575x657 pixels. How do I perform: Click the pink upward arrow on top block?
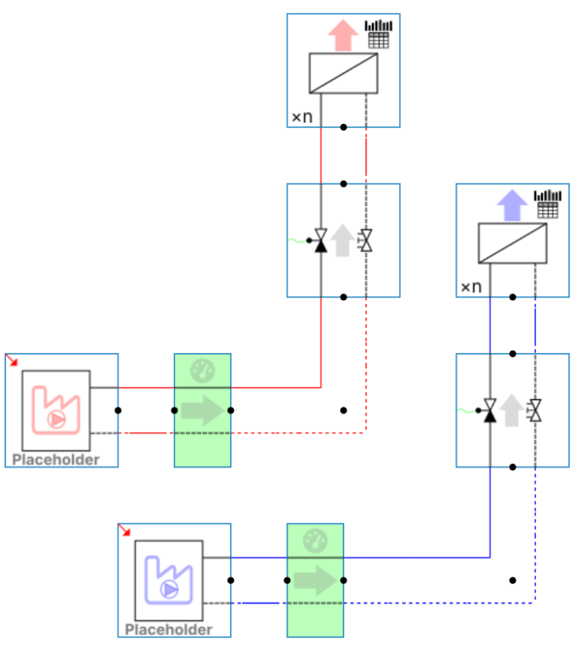343,35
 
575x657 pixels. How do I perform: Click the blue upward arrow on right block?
513,204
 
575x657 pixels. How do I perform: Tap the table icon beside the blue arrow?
548,204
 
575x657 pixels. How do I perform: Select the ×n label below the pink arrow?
302,117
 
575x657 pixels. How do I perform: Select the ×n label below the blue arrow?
471,287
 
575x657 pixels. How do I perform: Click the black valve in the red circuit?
321,241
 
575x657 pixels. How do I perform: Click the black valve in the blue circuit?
490,411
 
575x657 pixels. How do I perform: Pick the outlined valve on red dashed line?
366,241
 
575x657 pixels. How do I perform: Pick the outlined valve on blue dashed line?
535,411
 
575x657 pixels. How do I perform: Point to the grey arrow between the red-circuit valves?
343,240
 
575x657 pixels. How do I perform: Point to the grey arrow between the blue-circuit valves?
512,410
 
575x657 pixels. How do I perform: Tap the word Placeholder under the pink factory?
56,460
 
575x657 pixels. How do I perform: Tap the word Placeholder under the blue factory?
169,629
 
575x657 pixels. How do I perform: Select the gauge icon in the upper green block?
202,370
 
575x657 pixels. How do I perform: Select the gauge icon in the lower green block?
315,540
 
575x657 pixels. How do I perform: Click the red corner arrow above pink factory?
13,361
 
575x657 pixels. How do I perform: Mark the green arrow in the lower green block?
315,580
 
